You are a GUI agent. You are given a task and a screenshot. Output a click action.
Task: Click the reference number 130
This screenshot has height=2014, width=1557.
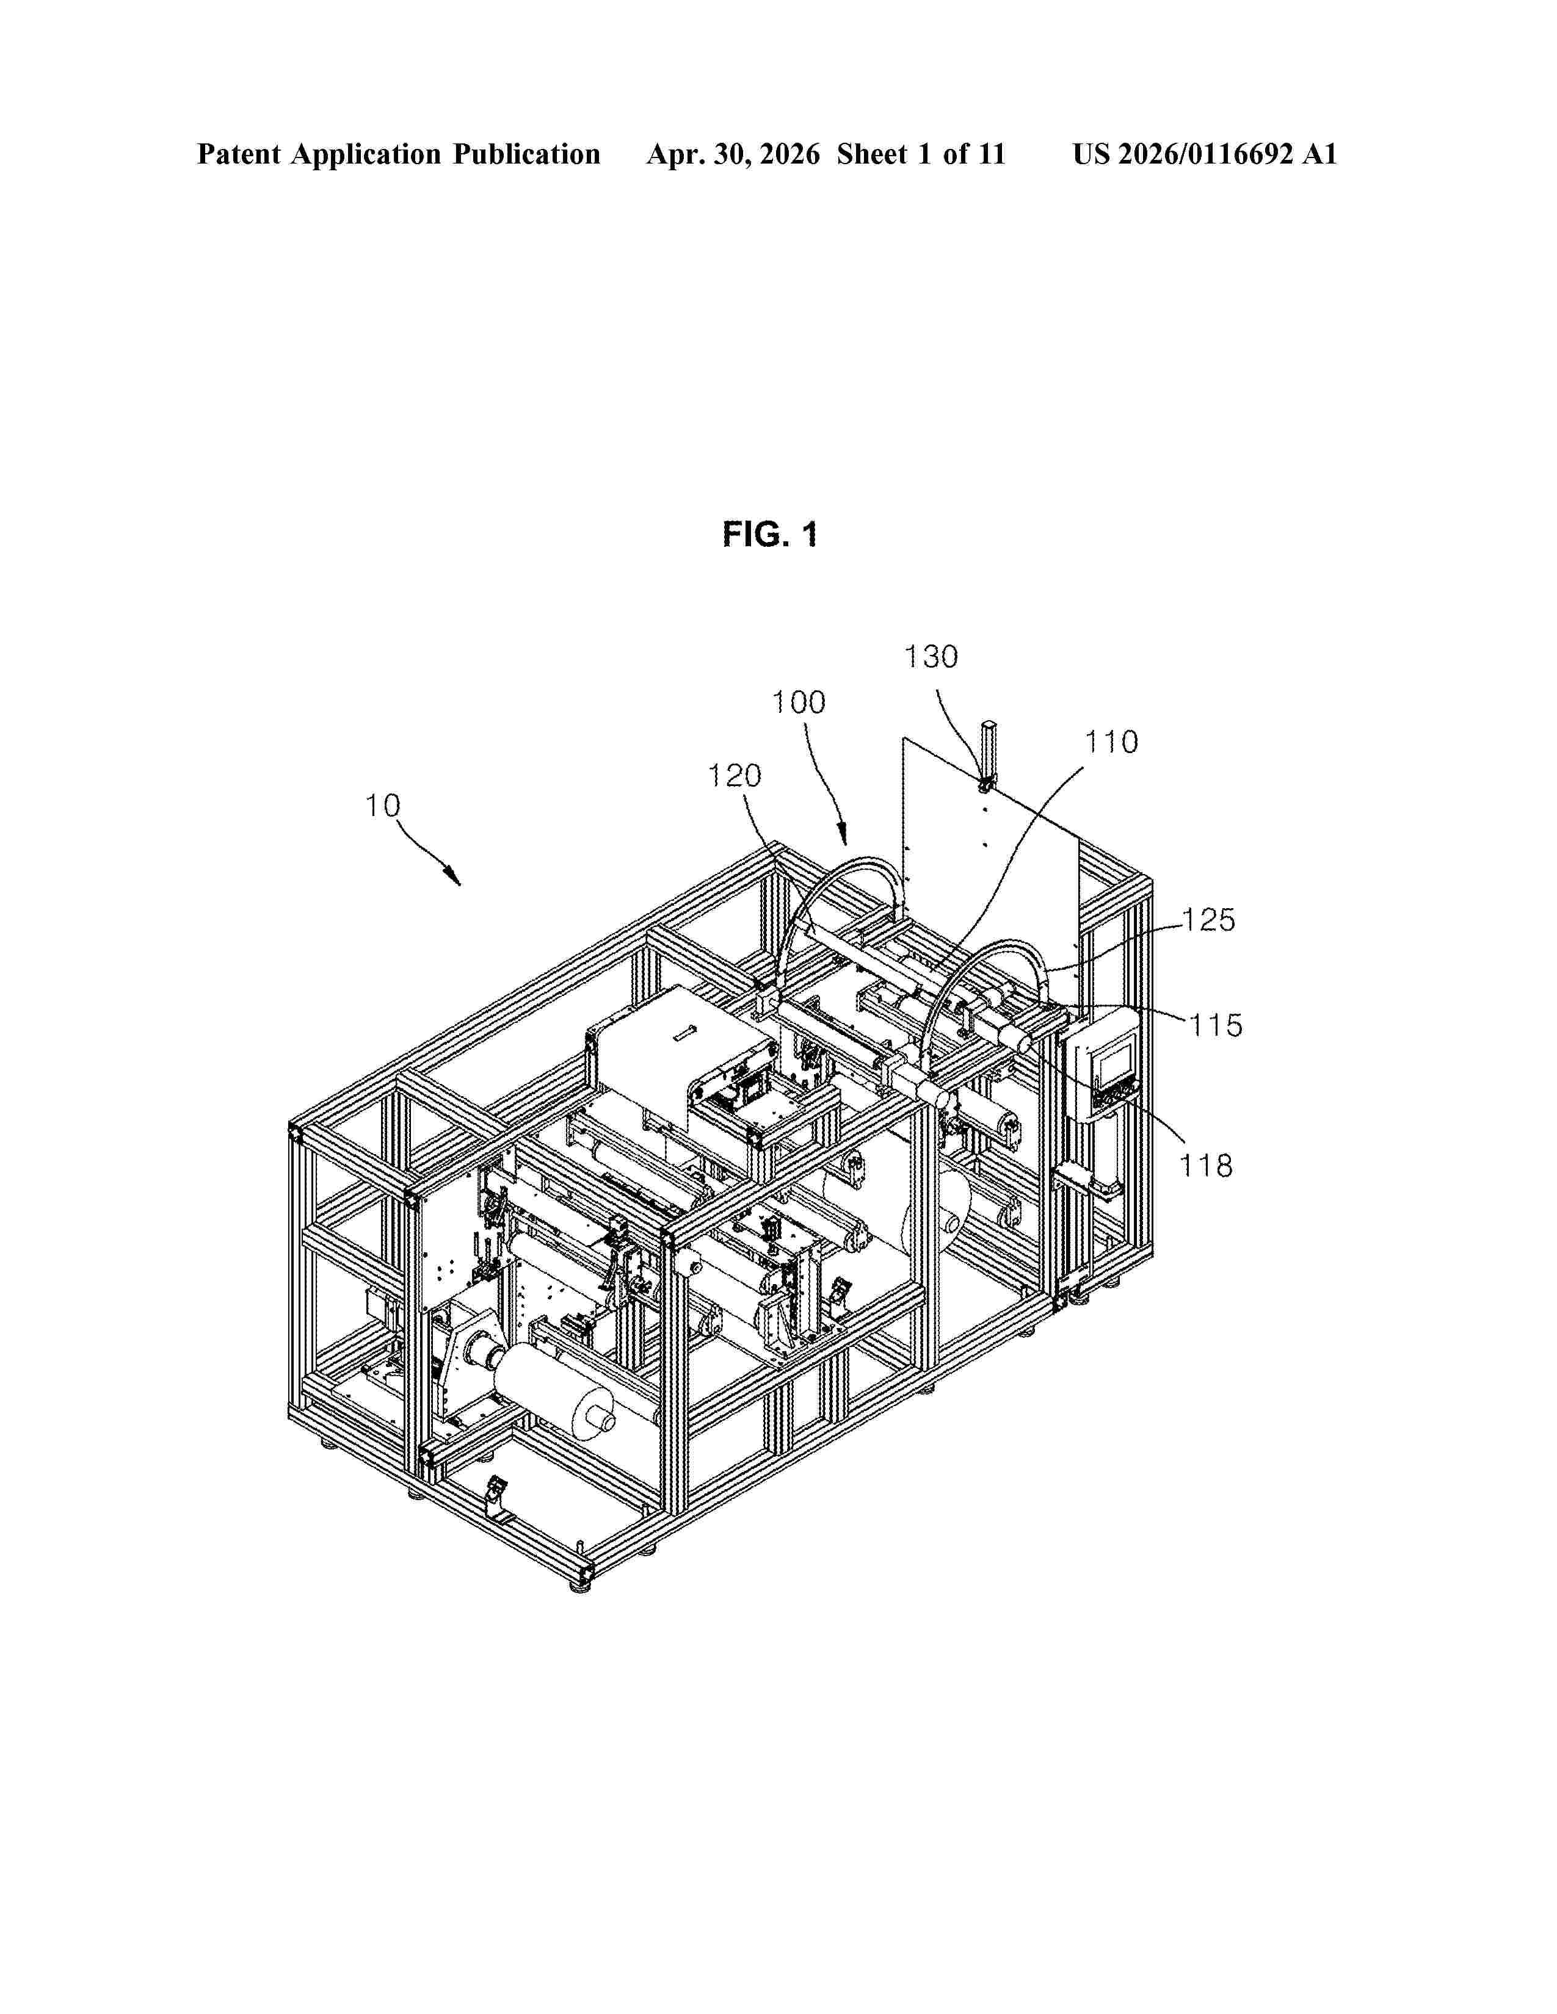[x=931, y=657]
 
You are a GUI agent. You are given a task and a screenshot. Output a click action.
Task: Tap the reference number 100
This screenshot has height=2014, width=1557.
[x=799, y=702]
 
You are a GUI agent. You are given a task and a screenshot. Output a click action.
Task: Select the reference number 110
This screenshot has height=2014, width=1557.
[x=1111, y=742]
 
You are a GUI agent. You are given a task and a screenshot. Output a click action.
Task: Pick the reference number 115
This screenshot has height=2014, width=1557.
[x=1215, y=1025]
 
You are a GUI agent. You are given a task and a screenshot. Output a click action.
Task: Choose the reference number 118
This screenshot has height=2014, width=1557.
[x=1207, y=1166]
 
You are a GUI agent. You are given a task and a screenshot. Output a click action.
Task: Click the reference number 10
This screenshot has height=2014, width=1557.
[x=382, y=806]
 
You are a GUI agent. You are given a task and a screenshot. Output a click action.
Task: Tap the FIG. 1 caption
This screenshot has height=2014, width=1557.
[x=770, y=534]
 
